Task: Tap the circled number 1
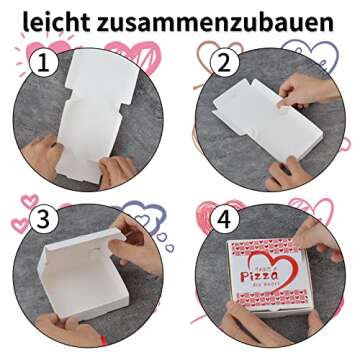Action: (40, 64)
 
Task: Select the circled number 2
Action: (222, 64)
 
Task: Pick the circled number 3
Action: (40, 218)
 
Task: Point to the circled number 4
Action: (222, 218)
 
